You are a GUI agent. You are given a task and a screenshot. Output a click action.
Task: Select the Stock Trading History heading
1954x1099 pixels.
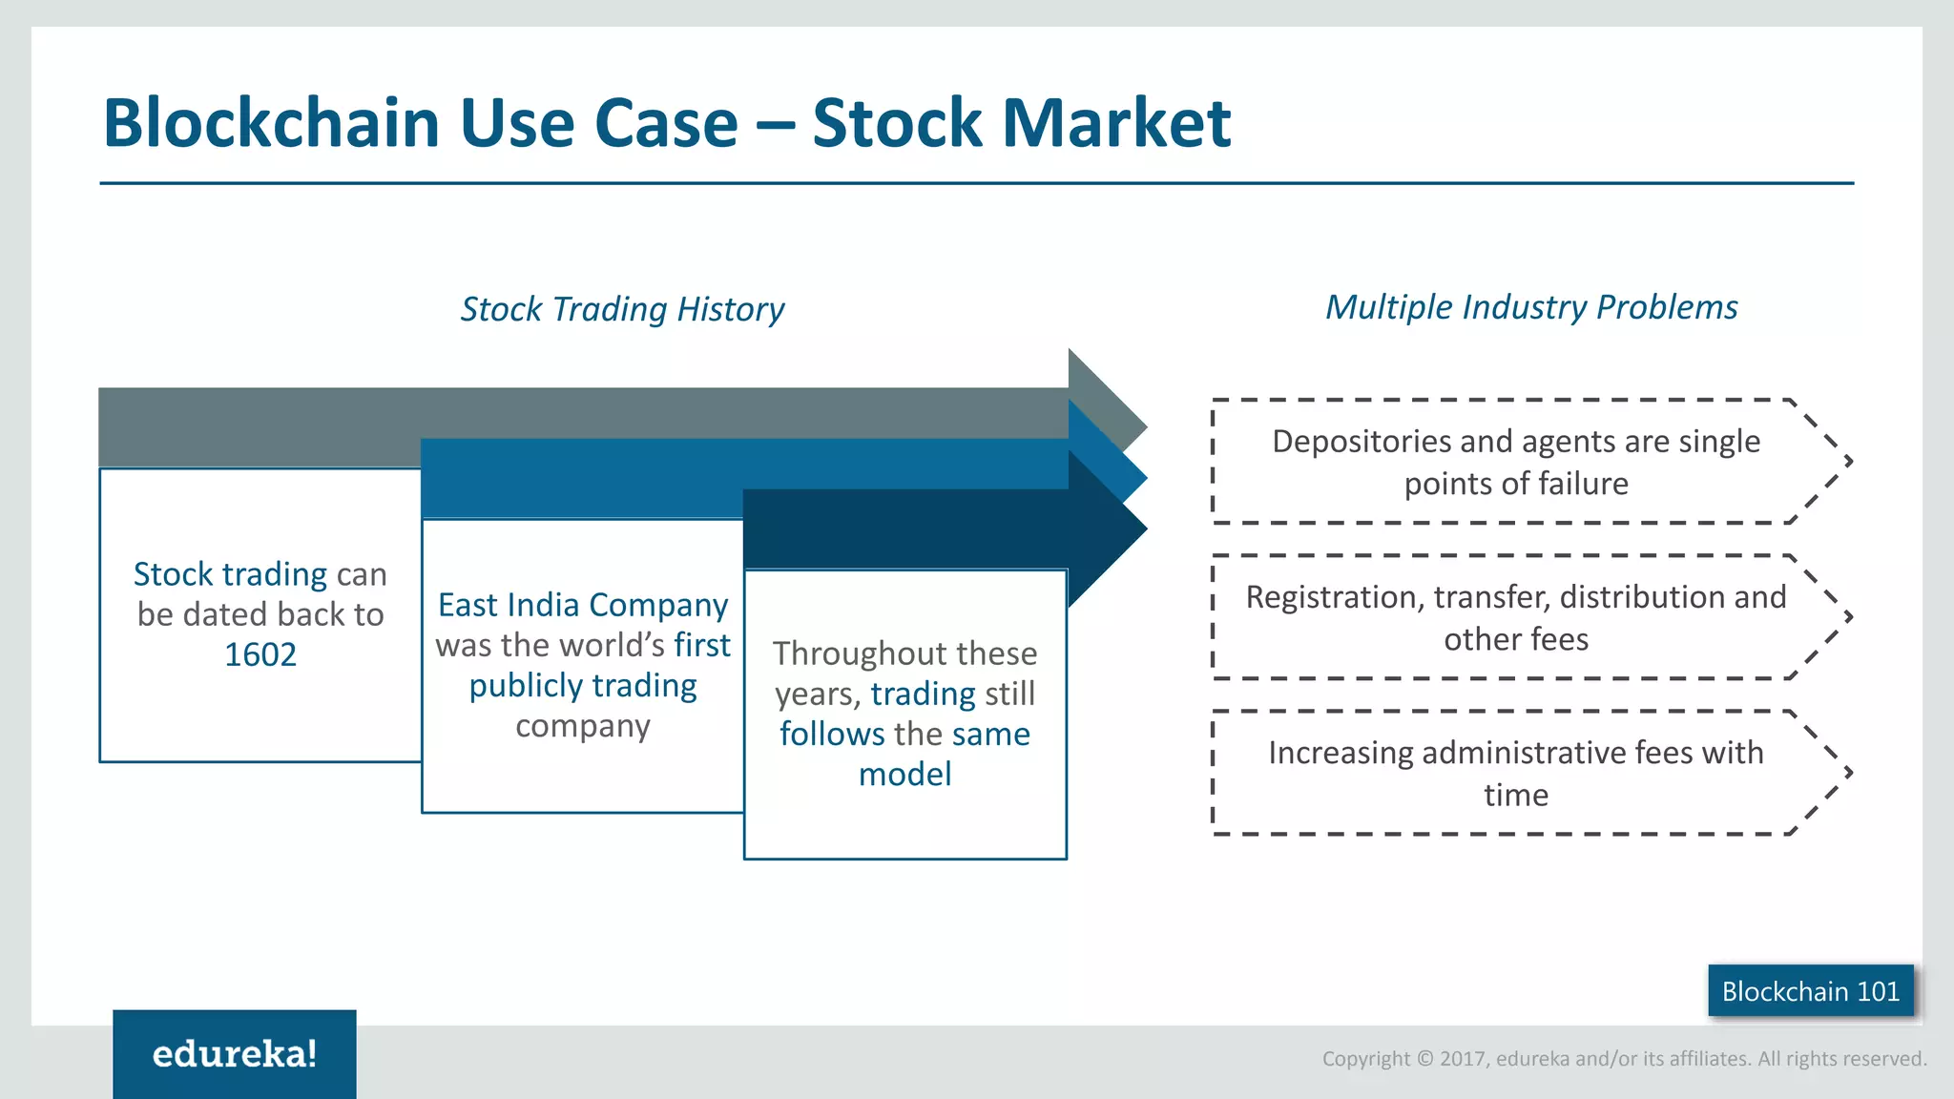tap(622, 309)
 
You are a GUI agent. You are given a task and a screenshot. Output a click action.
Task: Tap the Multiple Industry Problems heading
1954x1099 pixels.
tap(1530, 307)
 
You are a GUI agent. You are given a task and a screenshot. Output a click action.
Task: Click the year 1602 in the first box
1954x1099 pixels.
tap(260, 654)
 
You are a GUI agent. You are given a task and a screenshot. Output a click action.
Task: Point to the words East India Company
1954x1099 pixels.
tap(582, 605)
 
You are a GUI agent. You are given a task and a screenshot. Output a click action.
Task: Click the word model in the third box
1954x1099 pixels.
tap(904, 774)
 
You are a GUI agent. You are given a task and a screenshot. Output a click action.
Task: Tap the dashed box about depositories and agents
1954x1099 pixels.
tap(1517, 462)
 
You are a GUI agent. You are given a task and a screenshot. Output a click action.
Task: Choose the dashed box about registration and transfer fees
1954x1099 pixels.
tap(1517, 617)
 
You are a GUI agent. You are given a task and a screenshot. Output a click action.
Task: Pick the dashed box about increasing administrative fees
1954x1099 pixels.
tap(1517, 773)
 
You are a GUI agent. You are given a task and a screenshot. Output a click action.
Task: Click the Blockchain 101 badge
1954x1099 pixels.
tap(1810, 991)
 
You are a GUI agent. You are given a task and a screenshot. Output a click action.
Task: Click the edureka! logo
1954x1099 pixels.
tap(235, 1054)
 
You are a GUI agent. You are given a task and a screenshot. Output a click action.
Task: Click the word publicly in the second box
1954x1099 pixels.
tap(526, 686)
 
